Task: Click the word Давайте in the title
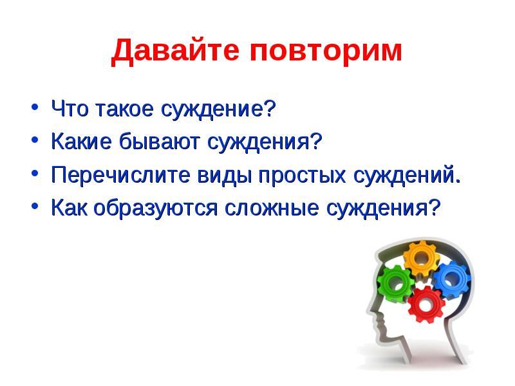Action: (174, 51)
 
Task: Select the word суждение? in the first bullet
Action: (218, 109)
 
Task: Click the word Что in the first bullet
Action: (70, 108)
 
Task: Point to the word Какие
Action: (81, 142)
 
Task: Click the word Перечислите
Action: (120, 174)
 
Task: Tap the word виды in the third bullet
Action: (225, 174)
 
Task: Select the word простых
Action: (302, 176)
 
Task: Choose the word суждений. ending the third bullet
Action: (407, 175)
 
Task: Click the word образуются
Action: (155, 208)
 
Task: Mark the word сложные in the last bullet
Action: (272, 208)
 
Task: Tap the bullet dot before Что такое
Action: (35, 107)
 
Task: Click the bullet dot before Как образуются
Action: (35, 206)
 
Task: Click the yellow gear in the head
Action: (422, 259)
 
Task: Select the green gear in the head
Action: (395, 282)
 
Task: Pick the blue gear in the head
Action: (451, 279)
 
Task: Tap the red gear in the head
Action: (426, 304)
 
